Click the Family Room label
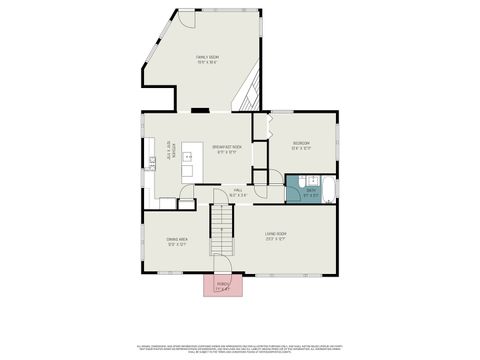point(207,59)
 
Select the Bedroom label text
point(302,146)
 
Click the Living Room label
point(275,238)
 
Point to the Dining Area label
point(177,241)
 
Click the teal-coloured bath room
point(310,190)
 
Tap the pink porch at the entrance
point(222,285)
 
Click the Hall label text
point(238,191)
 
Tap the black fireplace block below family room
point(200,109)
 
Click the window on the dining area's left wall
point(143,240)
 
